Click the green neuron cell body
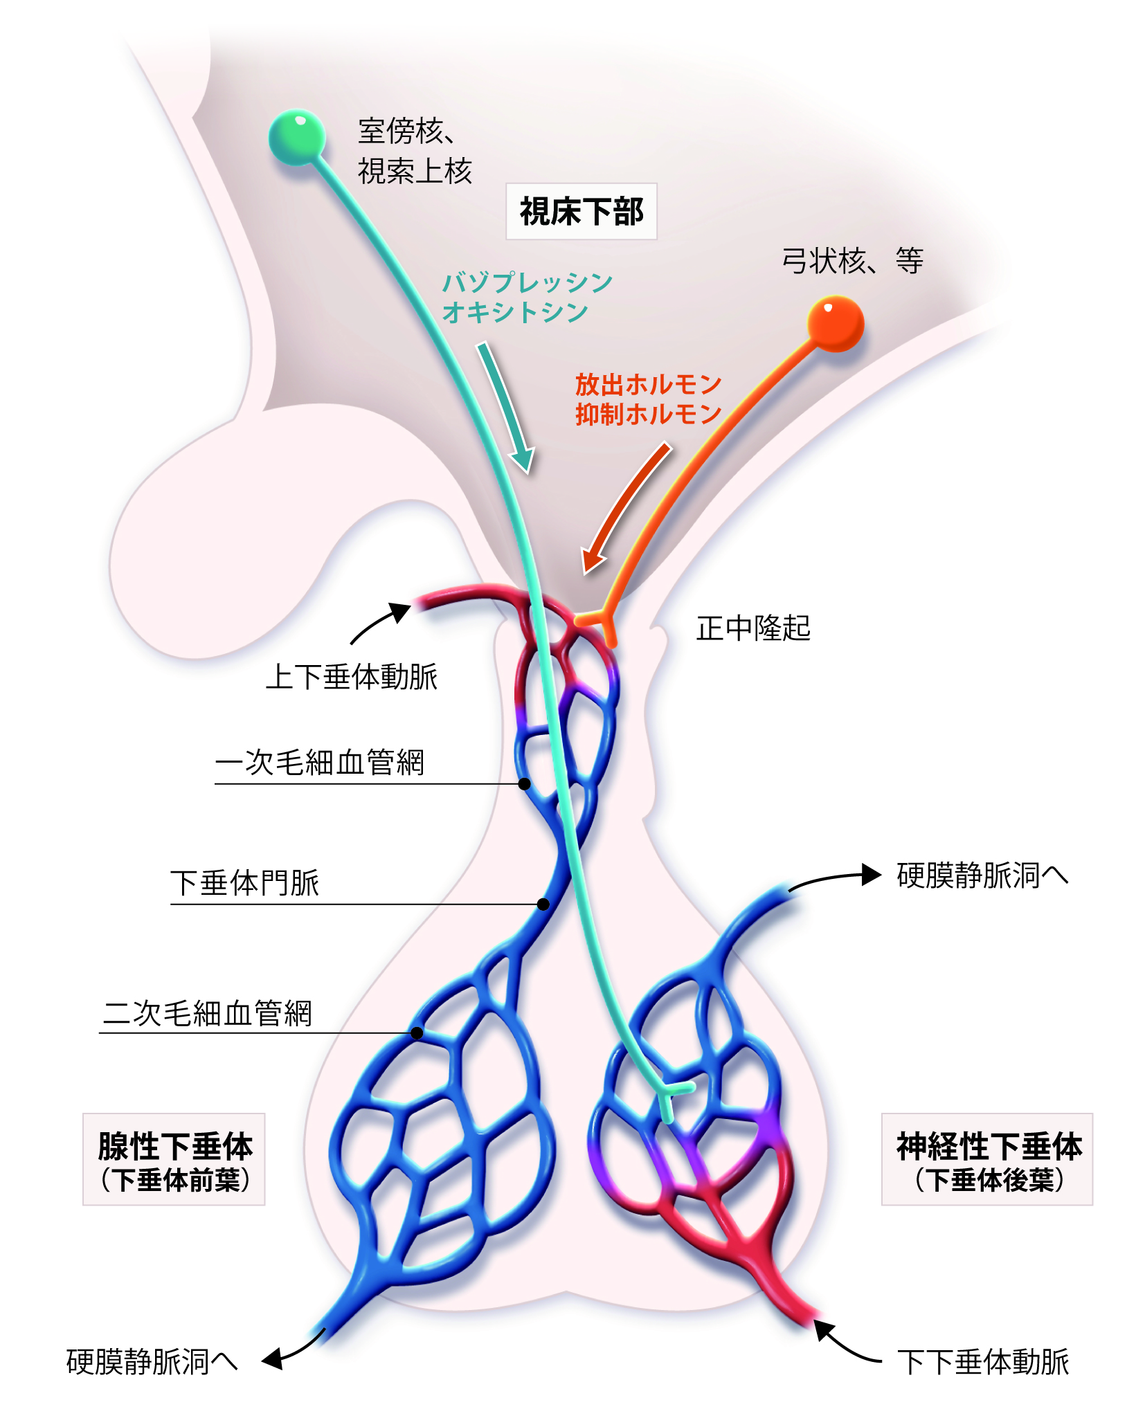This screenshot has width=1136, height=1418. [x=297, y=136]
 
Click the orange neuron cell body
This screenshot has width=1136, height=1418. [x=836, y=323]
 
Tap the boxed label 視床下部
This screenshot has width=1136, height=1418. [x=581, y=212]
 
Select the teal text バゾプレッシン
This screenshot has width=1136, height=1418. [x=528, y=282]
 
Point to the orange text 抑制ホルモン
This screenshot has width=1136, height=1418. [x=648, y=414]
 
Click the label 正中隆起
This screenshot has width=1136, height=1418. [x=753, y=628]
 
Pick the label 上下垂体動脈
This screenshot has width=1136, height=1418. [x=352, y=676]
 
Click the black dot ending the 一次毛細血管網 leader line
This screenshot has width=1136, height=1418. [x=525, y=783]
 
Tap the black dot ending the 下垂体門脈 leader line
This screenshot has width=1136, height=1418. [x=543, y=904]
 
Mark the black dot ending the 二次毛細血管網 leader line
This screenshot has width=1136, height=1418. [x=417, y=1033]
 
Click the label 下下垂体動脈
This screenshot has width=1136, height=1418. [x=983, y=1361]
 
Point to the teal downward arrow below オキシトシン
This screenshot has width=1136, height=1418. [x=507, y=408]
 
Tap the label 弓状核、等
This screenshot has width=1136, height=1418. [x=852, y=262]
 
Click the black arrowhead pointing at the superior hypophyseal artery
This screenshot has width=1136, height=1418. [x=399, y=611]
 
